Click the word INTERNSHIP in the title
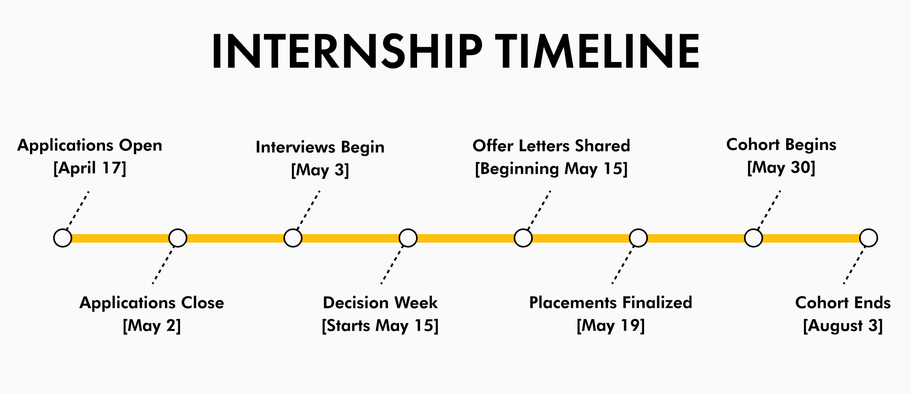[x=347, y=51]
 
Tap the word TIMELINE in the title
[x=598, y=51]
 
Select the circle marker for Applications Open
[x=63, y=238]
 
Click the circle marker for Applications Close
[x=178, y=238]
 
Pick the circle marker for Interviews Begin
[x=293, y=238]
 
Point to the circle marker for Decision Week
[x=408, y=238]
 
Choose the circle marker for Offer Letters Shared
[x=523, y=238]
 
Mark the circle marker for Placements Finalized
[x=639, y=238]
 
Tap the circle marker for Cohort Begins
[x=754, y=238]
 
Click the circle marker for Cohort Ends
[x=869, y=238]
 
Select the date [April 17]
[x=90, y=168]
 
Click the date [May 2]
[x=152, y=326]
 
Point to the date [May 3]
[x=320, y=170]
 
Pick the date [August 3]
[x=843, y=326]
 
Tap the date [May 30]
[x=781, y=167]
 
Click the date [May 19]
[x=611, y=326]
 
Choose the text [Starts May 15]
[x=380, y=326]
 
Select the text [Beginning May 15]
[x=551, y=169]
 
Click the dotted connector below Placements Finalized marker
[x=623, y=265]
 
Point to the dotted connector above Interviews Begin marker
[x=309, y=210]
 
